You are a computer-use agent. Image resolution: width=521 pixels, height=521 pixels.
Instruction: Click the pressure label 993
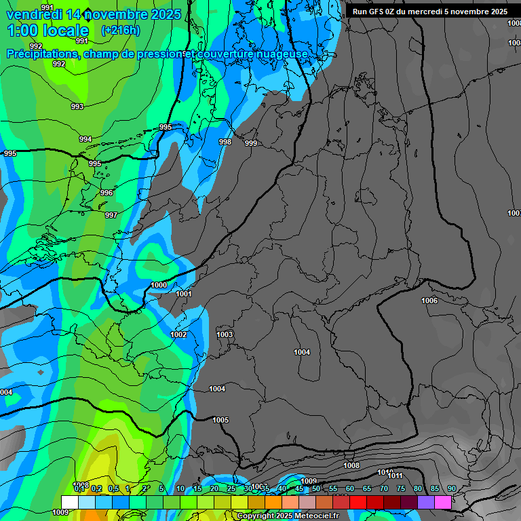[x=77, y=107]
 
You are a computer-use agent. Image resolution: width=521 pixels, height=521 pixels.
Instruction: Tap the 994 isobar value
[x=85, y=139]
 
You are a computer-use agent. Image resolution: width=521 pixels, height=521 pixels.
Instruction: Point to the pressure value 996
[x=106, y=193]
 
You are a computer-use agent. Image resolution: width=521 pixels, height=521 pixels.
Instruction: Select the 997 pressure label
[x=111, y=215]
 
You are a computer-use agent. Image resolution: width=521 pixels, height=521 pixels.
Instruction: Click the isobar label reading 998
[x=225, y=142]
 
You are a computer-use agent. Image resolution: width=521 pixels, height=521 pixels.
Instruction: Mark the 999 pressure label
[x=251, y=143]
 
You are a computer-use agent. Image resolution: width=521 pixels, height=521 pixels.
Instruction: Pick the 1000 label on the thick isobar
[x=159, y=285]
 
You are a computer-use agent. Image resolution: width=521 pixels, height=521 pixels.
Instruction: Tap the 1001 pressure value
[x=184, y=294]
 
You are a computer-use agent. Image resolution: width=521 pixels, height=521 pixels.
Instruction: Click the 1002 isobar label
[x=178, y=334]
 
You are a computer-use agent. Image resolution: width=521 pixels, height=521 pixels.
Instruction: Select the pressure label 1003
[x=225, y=334]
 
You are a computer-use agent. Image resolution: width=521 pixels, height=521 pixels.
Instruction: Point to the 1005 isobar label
[x=220, y=420]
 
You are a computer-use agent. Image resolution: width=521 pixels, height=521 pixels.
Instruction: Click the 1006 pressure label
[x=429, y=301]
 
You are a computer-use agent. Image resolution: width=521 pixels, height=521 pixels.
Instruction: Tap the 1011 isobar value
[x=395, y=476]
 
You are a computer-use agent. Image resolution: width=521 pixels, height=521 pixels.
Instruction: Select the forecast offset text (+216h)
[x=120, y=31]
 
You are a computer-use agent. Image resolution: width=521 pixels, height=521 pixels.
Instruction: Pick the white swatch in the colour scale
[x=69, y=501]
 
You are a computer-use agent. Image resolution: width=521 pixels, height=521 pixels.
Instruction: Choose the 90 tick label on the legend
[x=451, y=488]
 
